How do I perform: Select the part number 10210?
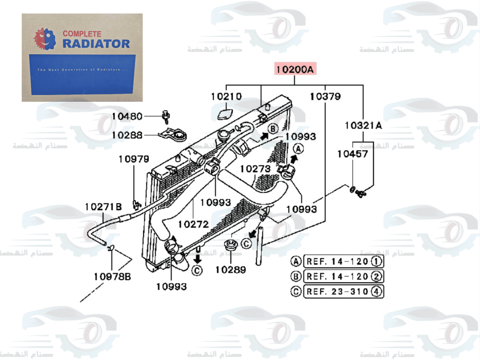pyautogui.click(x=226, y=96)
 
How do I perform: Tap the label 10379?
pyautogui.click(x=325, y=96)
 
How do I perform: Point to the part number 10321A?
pyautogui.click(x=363, y=126)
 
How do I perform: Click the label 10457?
pyautogui.click(x=352, y=154)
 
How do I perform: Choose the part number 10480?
pyautogui.click(x=127, y=116)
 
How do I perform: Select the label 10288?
pyautogui.click(x=127, y=135)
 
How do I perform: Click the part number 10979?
pyautogui.click(x=134, y=159)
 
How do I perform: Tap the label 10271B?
pyautogui.click(x=103, y=207)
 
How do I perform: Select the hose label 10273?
pyautogui.click(x=255, y=169)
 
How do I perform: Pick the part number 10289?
pyautogui.click(x=230, y=270)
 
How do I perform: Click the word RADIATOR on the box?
pyautogui.click(x=96, y=44)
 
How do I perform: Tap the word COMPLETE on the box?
pyautogui.click(x=82, y=34)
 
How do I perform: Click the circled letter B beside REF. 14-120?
pyautogui.click(x=297, y=276)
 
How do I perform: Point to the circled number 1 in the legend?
pyautogui.click(x=377, y=262)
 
